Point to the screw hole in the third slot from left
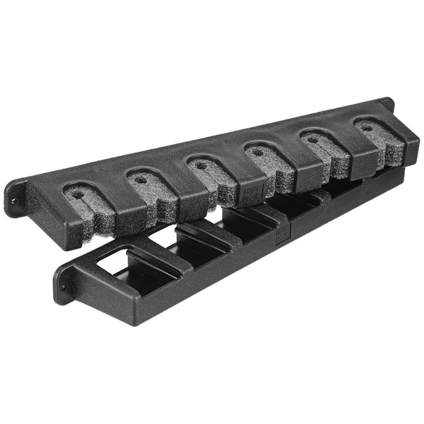pyautogui.click(x=201, y=165)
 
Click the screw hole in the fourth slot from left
pyautogui.click(x=258, y=151)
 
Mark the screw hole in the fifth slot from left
pyautogui.click(x=312, y=139)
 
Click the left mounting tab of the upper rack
pyautogui.click(x=16, y=199)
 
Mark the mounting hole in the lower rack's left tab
pyautogui.click(x=61, y=288)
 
